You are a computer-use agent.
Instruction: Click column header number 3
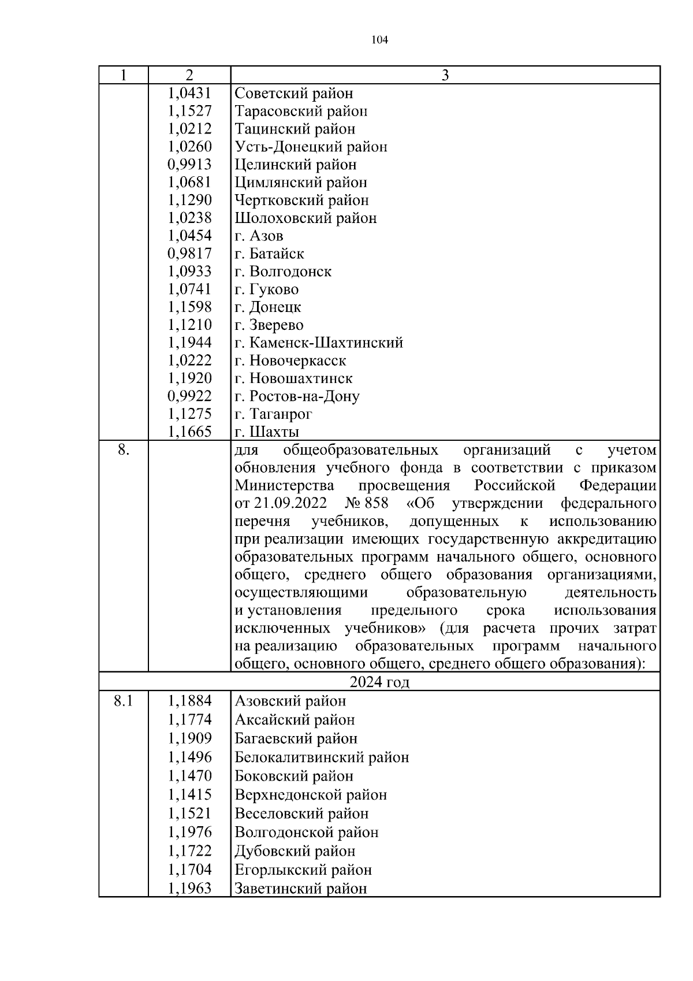click(445, 75)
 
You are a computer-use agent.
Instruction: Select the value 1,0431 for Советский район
click(189, 93)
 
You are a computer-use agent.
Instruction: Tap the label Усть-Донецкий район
click(311, 147)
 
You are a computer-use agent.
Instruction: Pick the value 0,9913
click(189, 165)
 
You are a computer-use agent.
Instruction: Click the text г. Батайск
click(269, 254)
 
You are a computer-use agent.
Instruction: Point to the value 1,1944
click(189, 343)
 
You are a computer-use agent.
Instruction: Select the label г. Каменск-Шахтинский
click(319, 343)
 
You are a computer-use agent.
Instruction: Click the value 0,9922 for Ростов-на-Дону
click(189, 396)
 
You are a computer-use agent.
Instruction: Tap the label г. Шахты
click(267, 432)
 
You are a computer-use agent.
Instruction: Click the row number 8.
click(123, 450)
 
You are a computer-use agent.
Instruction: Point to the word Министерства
click(285, 485)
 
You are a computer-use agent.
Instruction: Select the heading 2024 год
click(379, 682)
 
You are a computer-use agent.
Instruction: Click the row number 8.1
click(123, 701)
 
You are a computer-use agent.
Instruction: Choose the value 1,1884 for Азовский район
click(189, 701)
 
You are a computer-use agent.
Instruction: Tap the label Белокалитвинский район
click(322, 757)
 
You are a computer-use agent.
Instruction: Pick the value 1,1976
click(189, 833)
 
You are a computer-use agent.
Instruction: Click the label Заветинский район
click(300, 889)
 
